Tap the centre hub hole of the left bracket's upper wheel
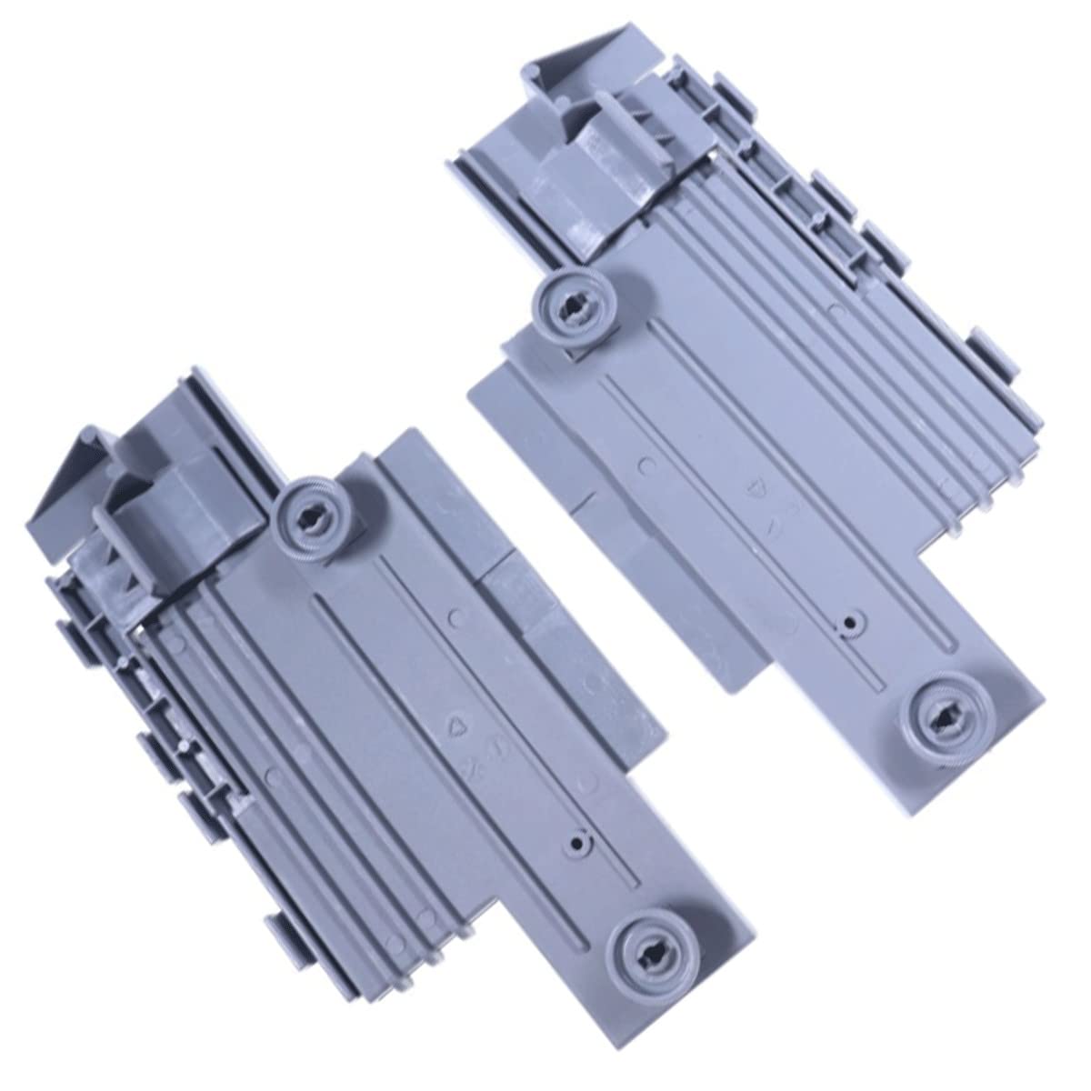(306, 515)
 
